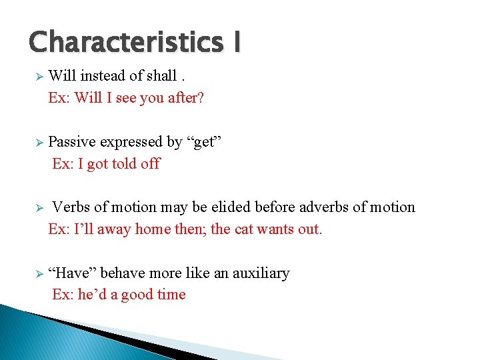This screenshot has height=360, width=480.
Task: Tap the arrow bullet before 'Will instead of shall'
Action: tap(39, 77)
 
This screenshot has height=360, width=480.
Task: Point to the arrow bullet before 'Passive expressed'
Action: tap(39, 143)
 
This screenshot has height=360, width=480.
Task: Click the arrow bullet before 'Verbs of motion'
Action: tap(39, 208)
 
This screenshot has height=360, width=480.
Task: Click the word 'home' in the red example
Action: tap(153, 229)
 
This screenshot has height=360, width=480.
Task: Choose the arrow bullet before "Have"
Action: tap(39, 274)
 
